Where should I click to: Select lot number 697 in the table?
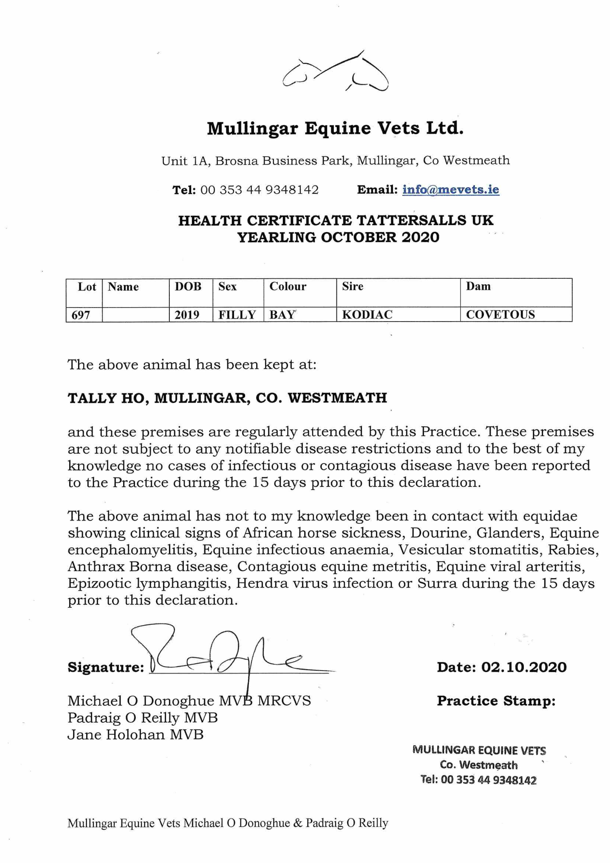[x=81, y=315]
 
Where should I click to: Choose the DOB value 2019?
[x=187, y=315]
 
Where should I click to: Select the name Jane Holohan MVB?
[x=135, y=734]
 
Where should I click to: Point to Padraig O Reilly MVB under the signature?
[x=142, y=718]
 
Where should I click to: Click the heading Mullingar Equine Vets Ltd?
[x=335, y=129]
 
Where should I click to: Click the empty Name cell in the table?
[x=135, y=315]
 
